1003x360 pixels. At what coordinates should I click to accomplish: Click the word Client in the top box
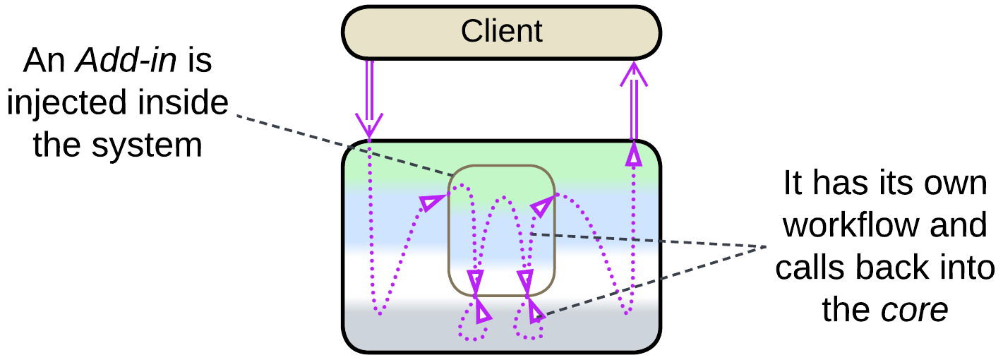click(501, 31)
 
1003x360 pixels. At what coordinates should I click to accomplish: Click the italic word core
click(914, 311)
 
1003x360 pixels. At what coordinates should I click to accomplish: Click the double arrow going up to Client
click(633, 102)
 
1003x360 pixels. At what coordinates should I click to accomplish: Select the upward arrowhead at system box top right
click(633, 155)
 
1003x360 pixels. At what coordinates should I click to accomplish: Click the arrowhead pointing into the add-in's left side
click(428, 203)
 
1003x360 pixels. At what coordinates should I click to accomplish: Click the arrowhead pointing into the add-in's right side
click(541, 207)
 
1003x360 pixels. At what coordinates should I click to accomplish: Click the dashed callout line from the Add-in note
click(339, 145)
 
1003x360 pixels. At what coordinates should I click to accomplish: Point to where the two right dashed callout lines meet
click(767, 246)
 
